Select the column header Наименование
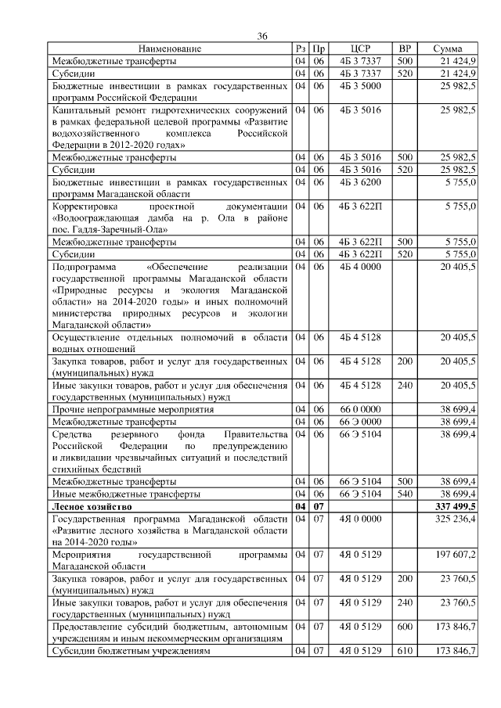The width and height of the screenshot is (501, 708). tap(170, 49)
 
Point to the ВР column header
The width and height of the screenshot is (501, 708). tap(405, 49)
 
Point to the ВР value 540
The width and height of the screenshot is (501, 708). tap(404, 495)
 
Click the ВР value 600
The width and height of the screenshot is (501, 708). tap(404, 627)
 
